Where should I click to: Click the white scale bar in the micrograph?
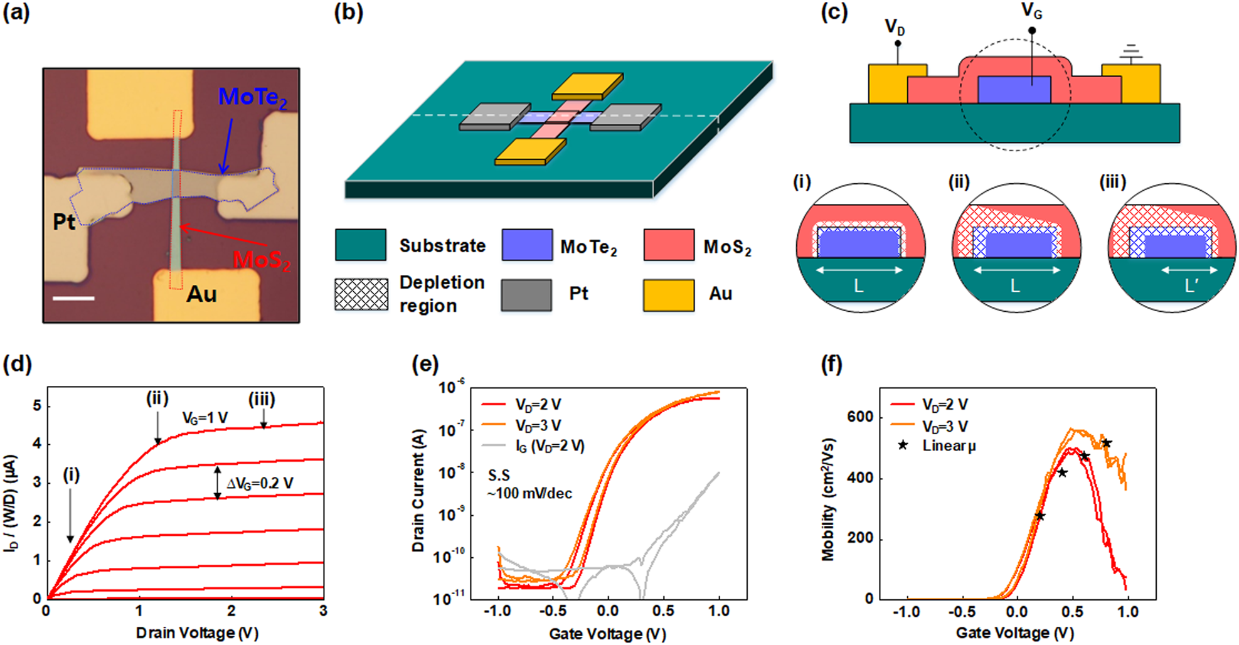pyautogui.click(x=73, y=298)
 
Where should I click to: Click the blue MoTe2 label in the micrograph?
pyautogui.click(x=252, y=98)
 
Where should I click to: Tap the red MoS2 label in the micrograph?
pyautogui.click(x=262, y=260)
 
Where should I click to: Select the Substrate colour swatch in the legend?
pyautogui.click(x=361, y=245)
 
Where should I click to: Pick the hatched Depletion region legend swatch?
pyautogui.click(x=361, y=294)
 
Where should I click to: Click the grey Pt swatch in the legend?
pyautogui.click(x=526, y=295)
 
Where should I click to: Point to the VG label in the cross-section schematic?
pyautogui.click(x=1031, y=11)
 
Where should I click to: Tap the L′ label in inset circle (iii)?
pyautogui.click(x=1191, y=287)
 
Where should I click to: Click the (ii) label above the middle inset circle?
pyautogui.click(x=959, y=182)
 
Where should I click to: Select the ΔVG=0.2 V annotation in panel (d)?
pyautogui.click(x=260, y=483)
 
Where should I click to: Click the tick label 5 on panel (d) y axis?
pyautogui.click(x=37, y=406)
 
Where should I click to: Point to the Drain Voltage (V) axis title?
pyautogui.click(x=197, y=633)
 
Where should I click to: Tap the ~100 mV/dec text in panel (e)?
pyautogui.click(x=529, y=493)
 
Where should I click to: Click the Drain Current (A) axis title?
pyautogui.click(x=418, y=490)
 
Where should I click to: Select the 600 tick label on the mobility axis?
pyautogui.click(x=860, y=417)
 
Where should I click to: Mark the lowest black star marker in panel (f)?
pyautogui.click(x=1040, y=516)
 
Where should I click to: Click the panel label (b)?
pyautogui.click(x=348, y=13)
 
